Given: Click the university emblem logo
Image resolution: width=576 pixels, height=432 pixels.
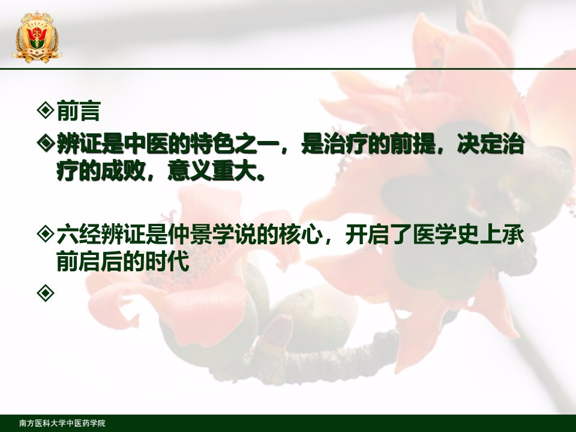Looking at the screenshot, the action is tap(37, 37).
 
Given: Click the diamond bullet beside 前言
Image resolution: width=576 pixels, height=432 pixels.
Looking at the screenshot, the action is tap(46, 110).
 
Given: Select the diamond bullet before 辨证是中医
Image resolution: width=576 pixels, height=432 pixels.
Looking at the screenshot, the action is tap(46, 143).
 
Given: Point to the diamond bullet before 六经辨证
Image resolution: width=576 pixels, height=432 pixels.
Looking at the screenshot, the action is tap(46, 233).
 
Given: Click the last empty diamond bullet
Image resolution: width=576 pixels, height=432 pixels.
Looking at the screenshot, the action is tap(46, 293).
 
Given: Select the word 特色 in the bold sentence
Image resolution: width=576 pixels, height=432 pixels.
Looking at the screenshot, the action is tap(213, 144).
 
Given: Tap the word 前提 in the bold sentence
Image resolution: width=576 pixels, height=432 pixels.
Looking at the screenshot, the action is tap(413, 144).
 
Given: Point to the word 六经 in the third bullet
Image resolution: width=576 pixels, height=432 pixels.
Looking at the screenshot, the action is tap(79, 235).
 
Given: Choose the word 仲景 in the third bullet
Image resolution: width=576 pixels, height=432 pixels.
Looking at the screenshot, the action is tap(191, 235).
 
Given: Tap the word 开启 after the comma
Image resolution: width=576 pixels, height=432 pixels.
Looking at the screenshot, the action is tap(368, 235).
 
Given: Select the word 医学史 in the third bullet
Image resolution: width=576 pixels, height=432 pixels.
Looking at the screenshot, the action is tap(446, 235).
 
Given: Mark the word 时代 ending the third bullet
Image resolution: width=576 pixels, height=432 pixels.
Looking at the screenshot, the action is tap(168, 261).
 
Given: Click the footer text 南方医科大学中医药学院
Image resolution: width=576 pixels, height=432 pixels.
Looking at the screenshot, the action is tap(62, 423).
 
